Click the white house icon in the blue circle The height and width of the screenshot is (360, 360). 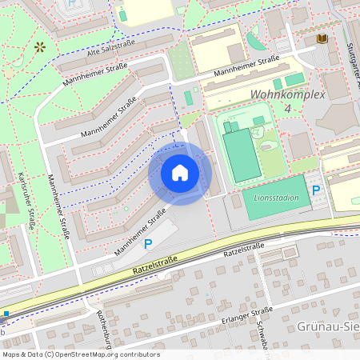[180, 173]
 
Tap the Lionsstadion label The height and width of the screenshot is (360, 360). [276, 198]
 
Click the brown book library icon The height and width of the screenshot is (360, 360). [322, 38]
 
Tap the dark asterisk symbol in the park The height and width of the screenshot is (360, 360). [39, 47]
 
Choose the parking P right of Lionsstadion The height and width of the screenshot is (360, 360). [316, 190]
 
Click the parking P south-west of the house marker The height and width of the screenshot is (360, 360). [147, 244]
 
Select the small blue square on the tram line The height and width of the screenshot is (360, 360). [5, 314]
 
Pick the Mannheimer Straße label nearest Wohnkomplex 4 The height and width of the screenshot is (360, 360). [246, 67]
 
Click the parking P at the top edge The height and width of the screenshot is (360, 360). [74, 4]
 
